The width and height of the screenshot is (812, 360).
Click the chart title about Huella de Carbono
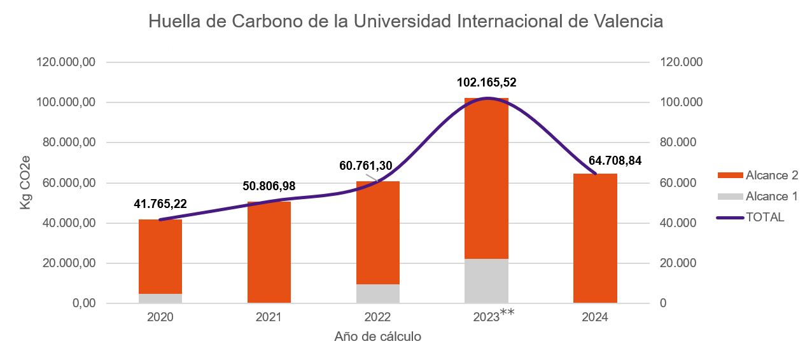(x=405, y=21)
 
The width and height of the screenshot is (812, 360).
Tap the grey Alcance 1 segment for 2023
(x=486, y=280)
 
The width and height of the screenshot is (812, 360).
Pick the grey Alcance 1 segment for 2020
(x=160, y=298)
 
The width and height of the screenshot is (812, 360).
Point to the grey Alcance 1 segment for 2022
(x=378, y=293)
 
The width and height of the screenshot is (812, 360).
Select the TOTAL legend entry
(x=751, y=217)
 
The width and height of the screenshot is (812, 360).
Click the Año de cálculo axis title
(x=378, y=336)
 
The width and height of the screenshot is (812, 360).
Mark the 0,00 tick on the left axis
(x=83, y=303)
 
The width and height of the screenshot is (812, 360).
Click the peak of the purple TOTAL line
(x=487, y=98)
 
